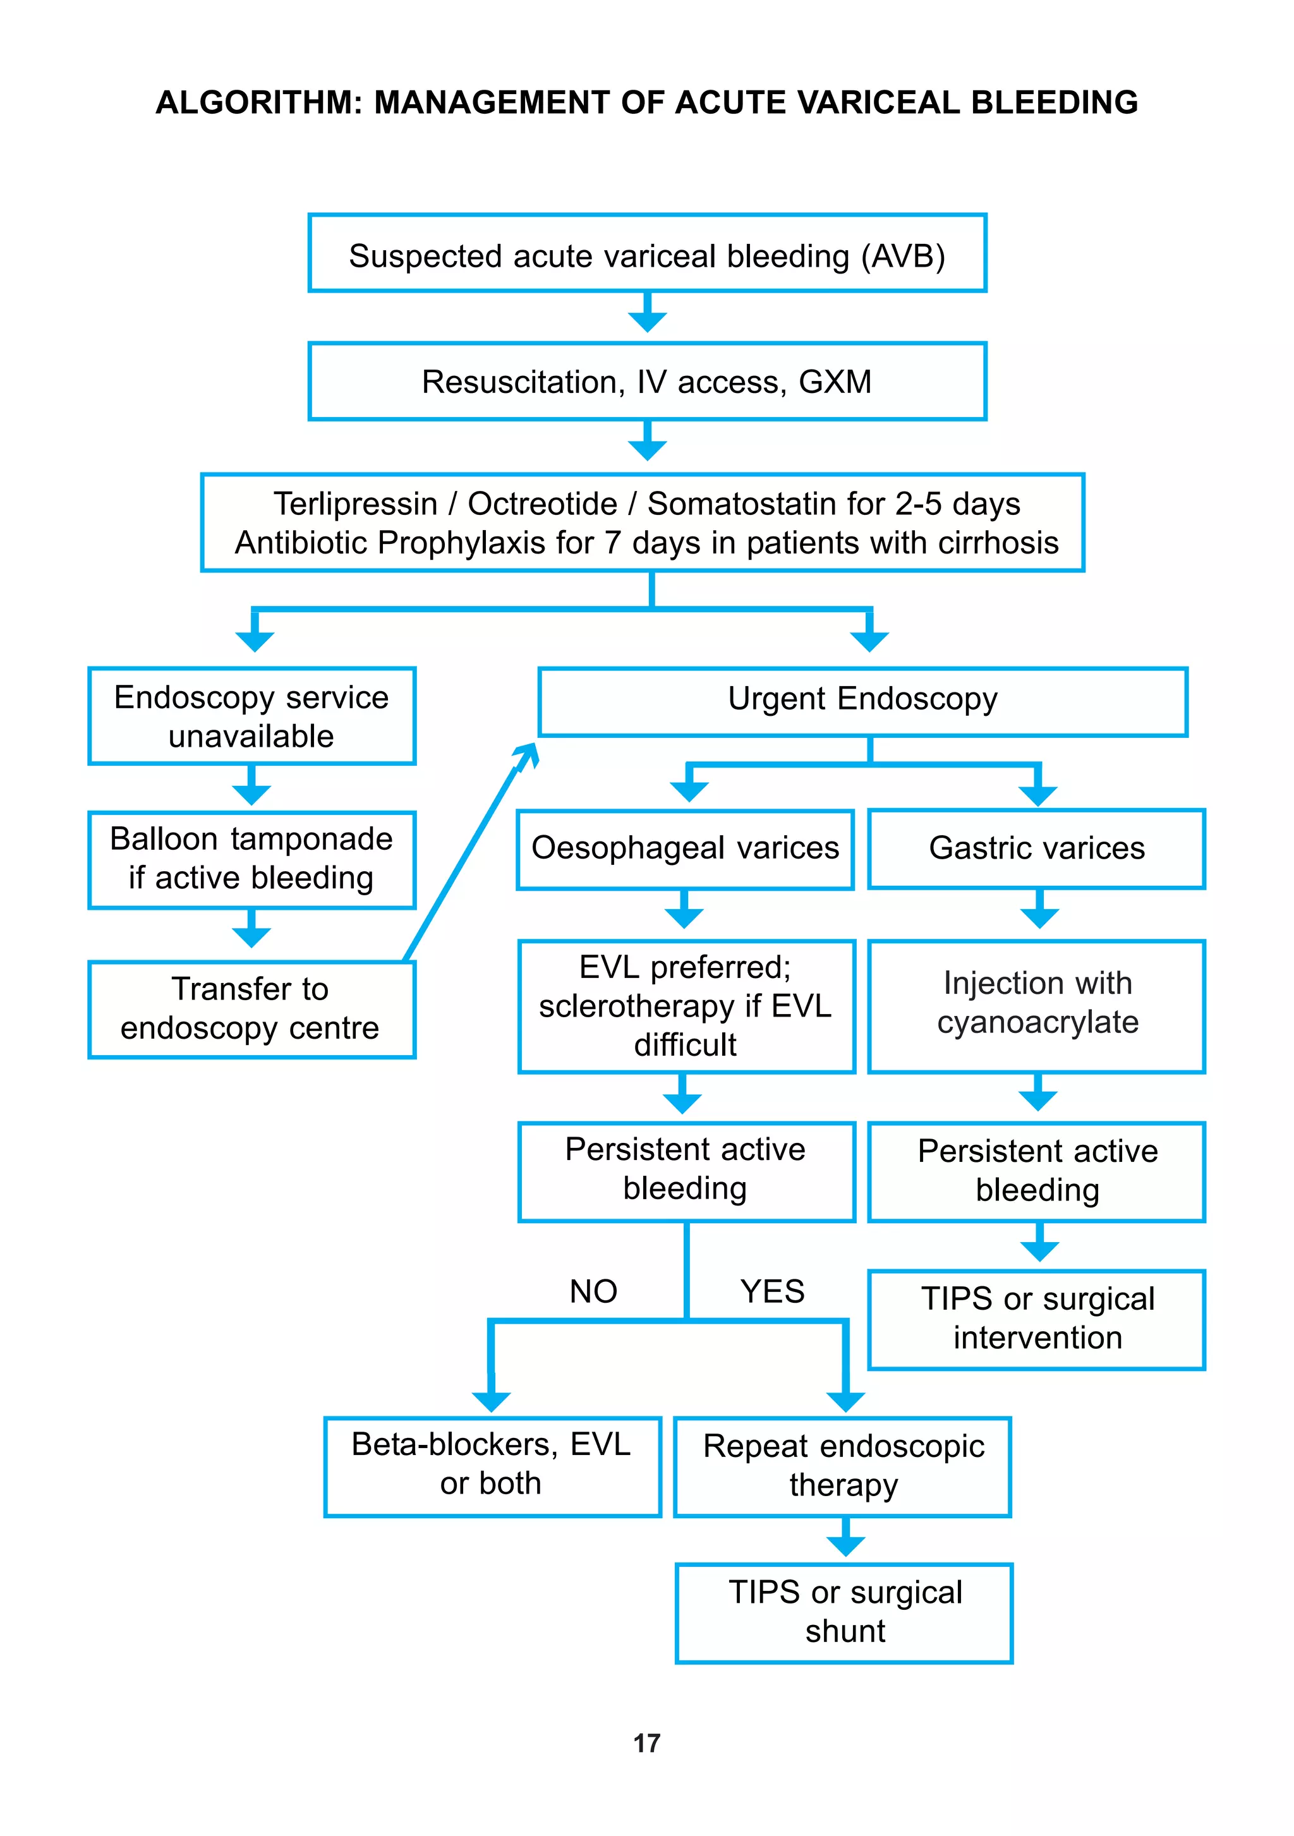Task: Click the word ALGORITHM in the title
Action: [258, 102]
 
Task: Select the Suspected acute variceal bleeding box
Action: [646, 254]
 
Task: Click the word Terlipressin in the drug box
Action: [355, 504]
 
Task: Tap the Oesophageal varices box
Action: [684, 849]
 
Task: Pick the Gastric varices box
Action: [1036, 849]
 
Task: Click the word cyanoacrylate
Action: [1037, 1023]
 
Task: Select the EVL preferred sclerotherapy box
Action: [686, 1006]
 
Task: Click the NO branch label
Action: [593, 1291]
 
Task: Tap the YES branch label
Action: [771, 1291]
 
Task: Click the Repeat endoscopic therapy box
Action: [843, 1466]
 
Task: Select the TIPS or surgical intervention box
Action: [1036, 1319]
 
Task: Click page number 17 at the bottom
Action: [646, 1743]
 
